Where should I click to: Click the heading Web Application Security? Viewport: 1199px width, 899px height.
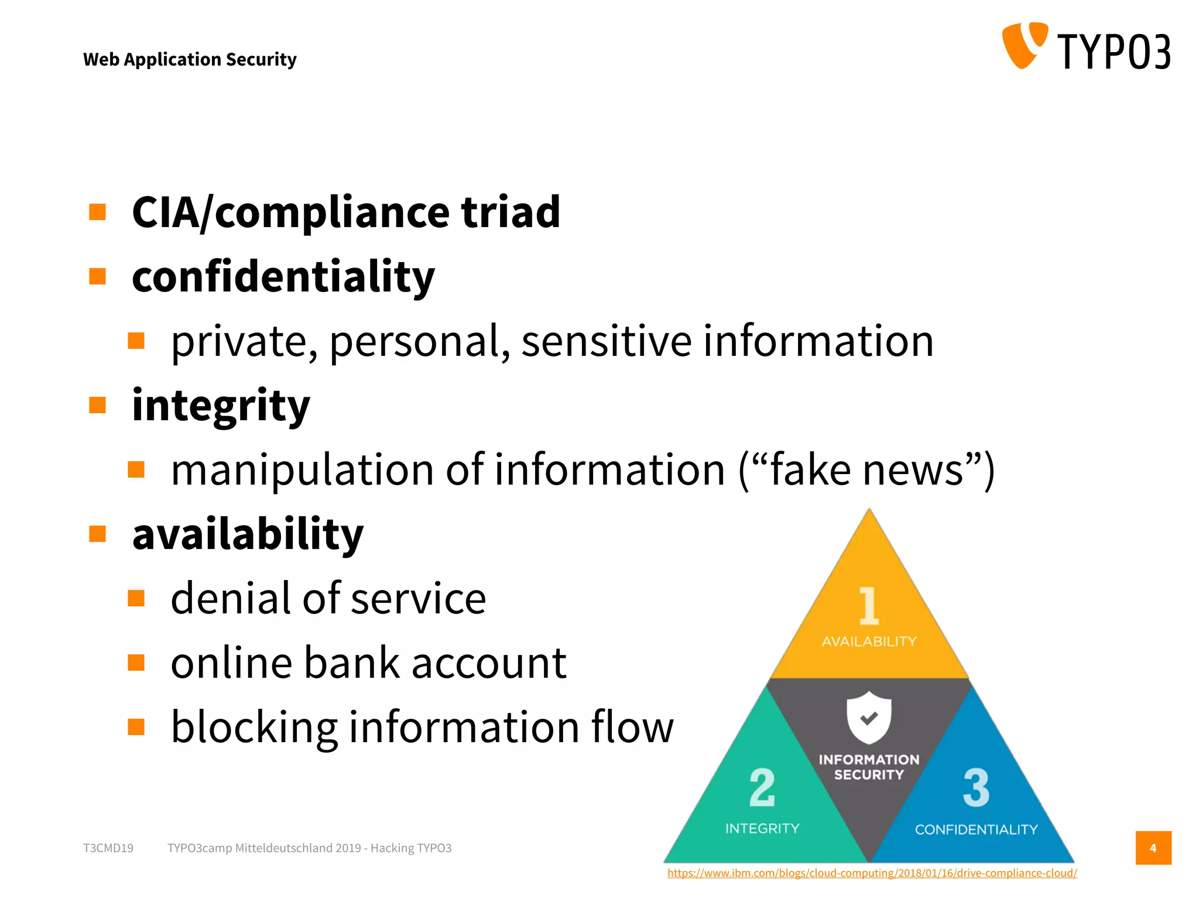click(190, 59)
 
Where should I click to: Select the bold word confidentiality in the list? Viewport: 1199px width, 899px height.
click(283, 276)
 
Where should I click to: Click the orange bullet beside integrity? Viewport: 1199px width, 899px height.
click(98, 405)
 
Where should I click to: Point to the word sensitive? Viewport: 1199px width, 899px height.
click(607, 341)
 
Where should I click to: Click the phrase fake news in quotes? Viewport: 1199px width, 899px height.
click(866, 470)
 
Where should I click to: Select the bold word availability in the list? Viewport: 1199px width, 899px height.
click(248, 534)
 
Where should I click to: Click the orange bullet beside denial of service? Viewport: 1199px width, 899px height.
click(136, 598)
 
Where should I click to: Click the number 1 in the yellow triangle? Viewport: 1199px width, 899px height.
click(869, 606)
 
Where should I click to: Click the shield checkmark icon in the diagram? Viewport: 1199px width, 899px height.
click(869, 717)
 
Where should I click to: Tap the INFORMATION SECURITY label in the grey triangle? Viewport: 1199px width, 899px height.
click(869, 767)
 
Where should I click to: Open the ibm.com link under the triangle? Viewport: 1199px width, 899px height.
click(872, 873)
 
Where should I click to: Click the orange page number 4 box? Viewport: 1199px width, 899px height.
click(1153, 847)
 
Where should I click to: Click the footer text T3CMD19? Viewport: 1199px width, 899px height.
click(108, 848)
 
